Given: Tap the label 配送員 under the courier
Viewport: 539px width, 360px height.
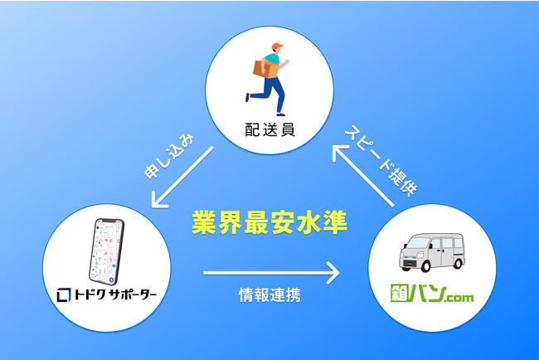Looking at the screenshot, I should (270, 129).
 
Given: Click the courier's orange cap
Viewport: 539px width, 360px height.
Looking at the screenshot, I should (276, 46).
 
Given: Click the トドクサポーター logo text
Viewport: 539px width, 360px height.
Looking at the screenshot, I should (113, 294).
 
